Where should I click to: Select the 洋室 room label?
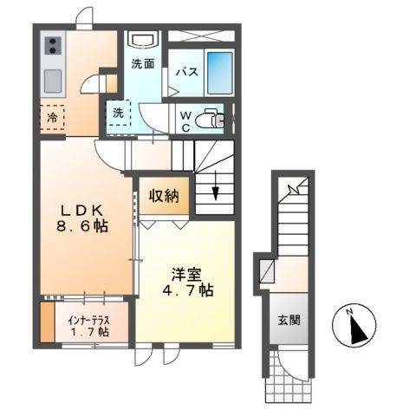(x=185, y=273)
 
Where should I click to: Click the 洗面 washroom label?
(x=143, y=64)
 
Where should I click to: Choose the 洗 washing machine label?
(x=117, y=111)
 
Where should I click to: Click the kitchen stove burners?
(x=52, y=43)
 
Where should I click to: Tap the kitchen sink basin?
(x=52, y=81)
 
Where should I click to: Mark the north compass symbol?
(x=354, y=326)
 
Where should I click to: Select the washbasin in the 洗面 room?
(x=143, y=40)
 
